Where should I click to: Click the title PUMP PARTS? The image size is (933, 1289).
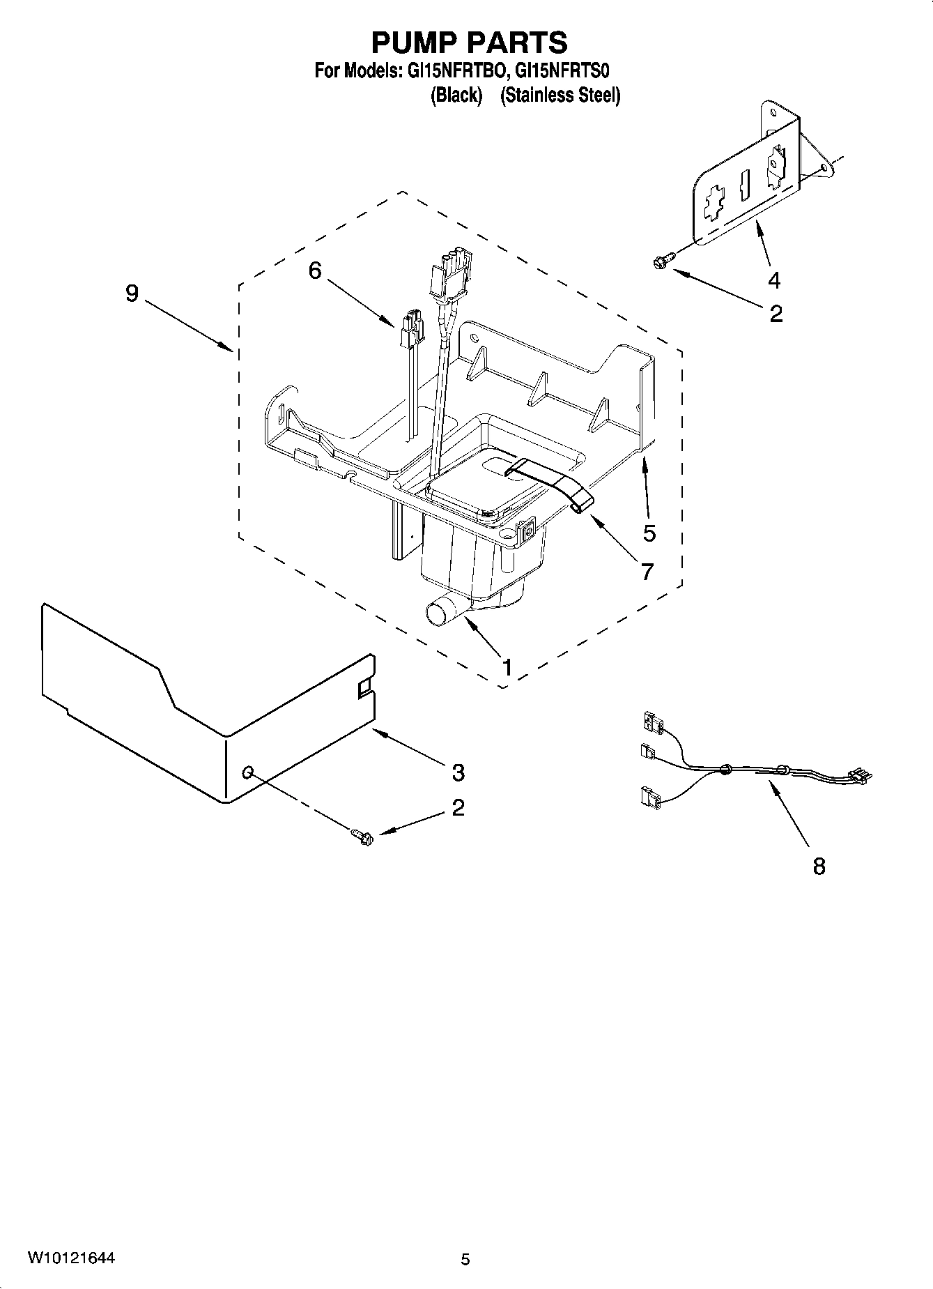[469, 43]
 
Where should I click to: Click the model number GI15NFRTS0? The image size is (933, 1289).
[564, 71]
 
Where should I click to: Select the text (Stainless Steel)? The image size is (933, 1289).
[560, 96]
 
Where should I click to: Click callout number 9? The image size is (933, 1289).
[132, 293]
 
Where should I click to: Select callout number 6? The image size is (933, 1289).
[315, 270]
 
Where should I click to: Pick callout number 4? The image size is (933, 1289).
[774, 280]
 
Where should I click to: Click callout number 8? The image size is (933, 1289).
[819, 867]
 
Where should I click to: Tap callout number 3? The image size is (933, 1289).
[458, 772]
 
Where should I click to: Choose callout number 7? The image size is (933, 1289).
[647, 572]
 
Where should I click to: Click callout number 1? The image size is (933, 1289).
[507, 668]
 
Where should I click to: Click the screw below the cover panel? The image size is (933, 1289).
[363, 835]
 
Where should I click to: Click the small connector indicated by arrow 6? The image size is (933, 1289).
[411, 330]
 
